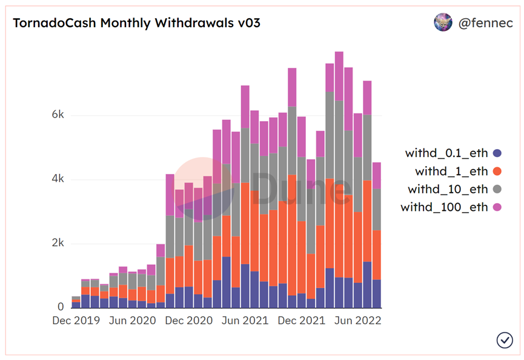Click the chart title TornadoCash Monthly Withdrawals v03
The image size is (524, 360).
tap(137, 24)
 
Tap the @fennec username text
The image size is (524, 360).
tap(485, 24)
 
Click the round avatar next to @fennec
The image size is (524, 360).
tap(443, 23)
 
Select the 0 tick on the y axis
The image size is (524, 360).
tap(59, 307)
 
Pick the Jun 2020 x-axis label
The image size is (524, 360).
tap(132, 321)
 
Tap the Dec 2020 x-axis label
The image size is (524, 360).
tap(188, 321)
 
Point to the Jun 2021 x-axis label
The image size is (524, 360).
tap(245, 321)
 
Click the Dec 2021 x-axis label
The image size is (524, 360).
tap(301, 321)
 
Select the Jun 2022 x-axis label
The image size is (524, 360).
tap(357, 321)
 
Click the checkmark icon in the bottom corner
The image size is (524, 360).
tap(505, 340)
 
